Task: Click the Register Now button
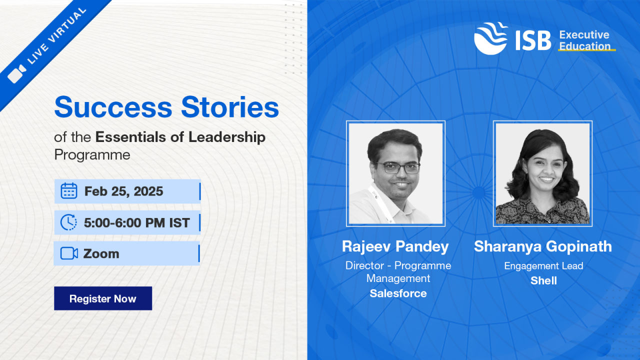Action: tap(103, 298)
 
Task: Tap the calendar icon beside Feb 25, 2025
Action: tap(69, 191)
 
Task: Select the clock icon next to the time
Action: tap(68, 222)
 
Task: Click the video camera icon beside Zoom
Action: tap(69, 253)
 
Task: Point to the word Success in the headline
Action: tap(113, 107)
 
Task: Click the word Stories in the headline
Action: tap(230, 107)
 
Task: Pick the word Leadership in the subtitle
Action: tap(227, 137)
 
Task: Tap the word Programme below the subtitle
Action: tap(92, 155)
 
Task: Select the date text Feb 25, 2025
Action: tap(123, 191)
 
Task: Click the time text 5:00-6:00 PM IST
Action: tap(137, 222)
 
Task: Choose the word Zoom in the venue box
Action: tap(101, 253)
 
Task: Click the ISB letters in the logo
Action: tap(533, 40)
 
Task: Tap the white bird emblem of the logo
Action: tap(491, 38)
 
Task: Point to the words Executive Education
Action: tap(584, 40)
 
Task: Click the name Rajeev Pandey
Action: tap(395, 246)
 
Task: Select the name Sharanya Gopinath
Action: tap(543, 246)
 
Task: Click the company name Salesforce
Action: tap(398, 293)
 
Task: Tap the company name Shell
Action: tap(543, 280)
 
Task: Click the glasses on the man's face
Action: tap(398, 167)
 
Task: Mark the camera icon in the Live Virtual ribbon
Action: tap(17, 73)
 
